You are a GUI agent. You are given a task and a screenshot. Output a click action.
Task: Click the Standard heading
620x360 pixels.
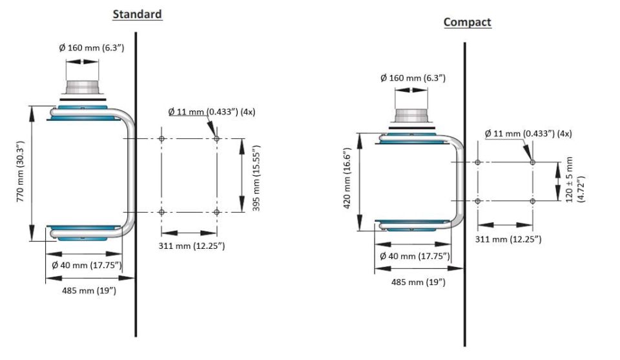pyautogui.click(x=137, y=14)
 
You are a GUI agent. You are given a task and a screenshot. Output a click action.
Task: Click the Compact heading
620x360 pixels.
pyautogui.click(x=467, y=22)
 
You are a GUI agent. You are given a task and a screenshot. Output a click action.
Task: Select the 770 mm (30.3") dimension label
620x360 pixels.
pyautogui.click(x=21, y=174)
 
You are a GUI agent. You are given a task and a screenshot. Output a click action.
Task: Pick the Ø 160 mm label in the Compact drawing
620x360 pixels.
pyautogui.click(x=413, y=78)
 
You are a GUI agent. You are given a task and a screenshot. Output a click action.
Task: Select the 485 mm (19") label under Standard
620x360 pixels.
pyautogui.click(x=88, y=290)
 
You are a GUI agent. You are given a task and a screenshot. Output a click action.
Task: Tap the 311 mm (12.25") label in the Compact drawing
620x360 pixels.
pyautogui.click(x=508, y=239)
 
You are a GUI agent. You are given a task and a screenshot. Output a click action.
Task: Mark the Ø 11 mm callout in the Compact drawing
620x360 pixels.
pyautogui.click(x=528, y=134)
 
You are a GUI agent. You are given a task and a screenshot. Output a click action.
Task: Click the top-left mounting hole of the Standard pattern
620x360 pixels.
pyautogui.click(x=161, y=138)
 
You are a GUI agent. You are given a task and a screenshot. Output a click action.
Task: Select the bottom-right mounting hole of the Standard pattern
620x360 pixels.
pyautogui.click(x=216, y=212)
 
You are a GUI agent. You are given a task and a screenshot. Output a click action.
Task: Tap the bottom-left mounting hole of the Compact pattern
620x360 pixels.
pyautogui.click(x=477, y=201)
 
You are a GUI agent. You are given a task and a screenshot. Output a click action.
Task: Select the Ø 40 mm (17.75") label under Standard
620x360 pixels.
pyautogui.click(x=87, y=265)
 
